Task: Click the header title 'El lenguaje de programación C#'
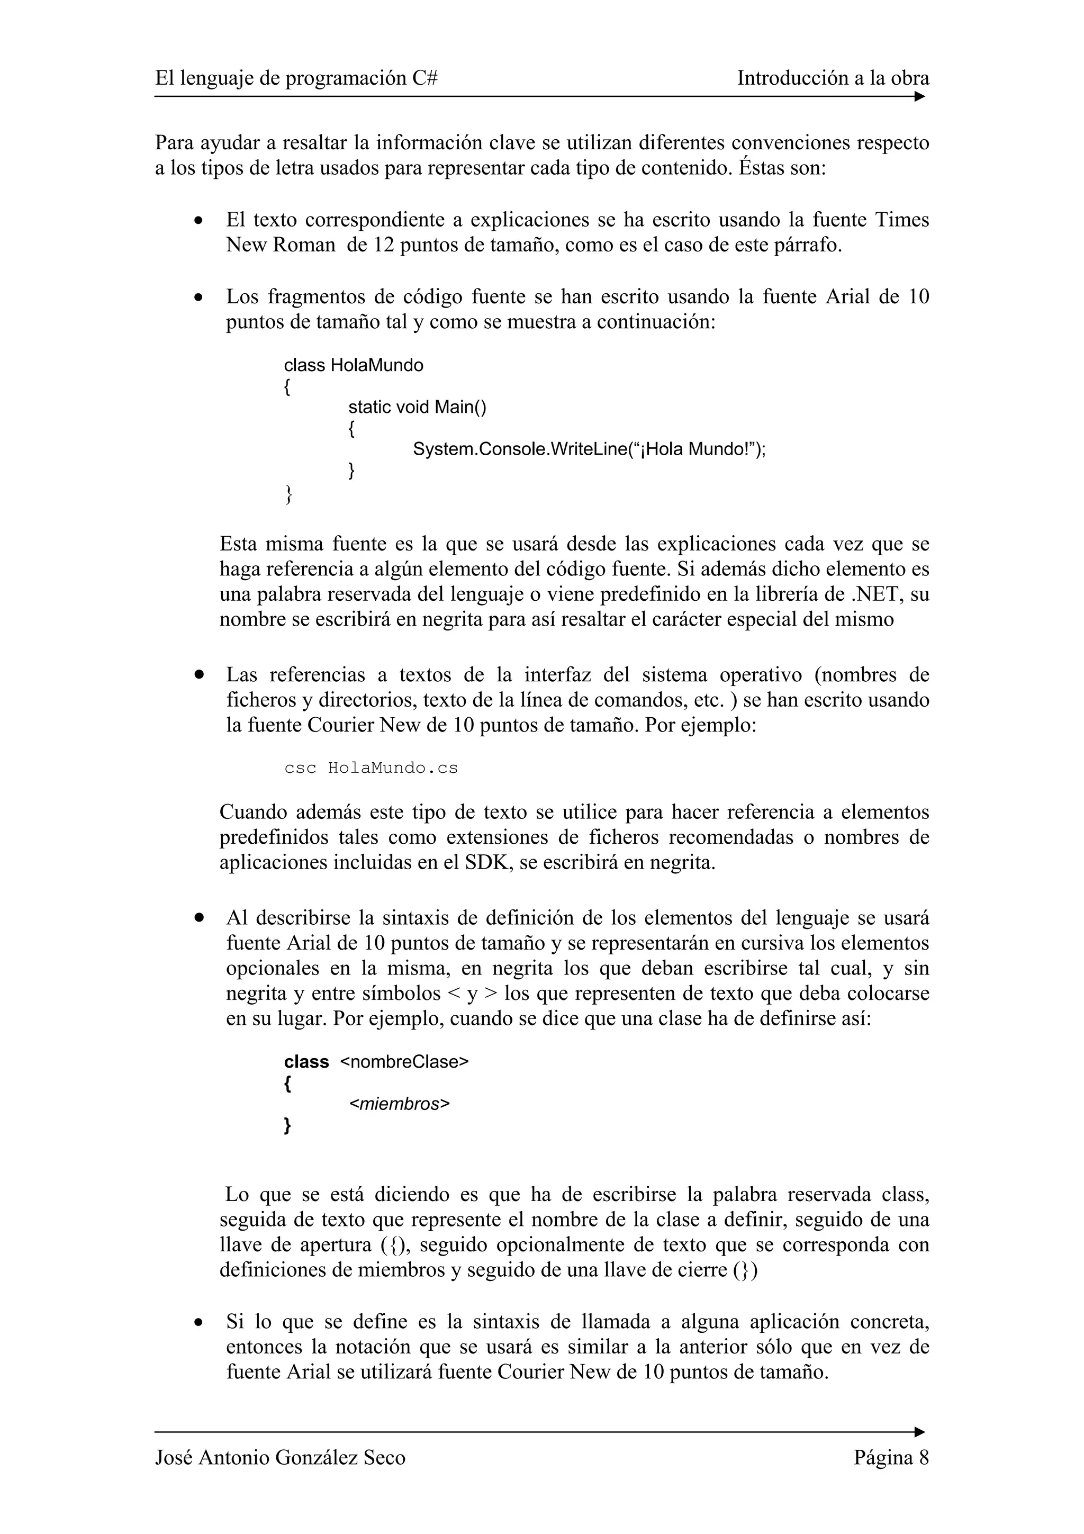(296, 79)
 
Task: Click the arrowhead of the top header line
(920, 97)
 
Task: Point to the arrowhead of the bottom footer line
(920, 1432)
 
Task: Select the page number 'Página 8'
(891, 1457)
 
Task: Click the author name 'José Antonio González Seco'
(280, 1457)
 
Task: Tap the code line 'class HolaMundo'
(354, 365)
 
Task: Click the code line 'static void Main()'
(417, 407)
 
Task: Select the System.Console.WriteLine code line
(589, 449)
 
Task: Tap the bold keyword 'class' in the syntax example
(306, 1062)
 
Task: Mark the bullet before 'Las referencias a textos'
(198, 675)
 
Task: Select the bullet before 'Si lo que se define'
(198, 1322)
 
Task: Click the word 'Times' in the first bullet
(902, 220)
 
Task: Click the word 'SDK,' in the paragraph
(488, 862)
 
